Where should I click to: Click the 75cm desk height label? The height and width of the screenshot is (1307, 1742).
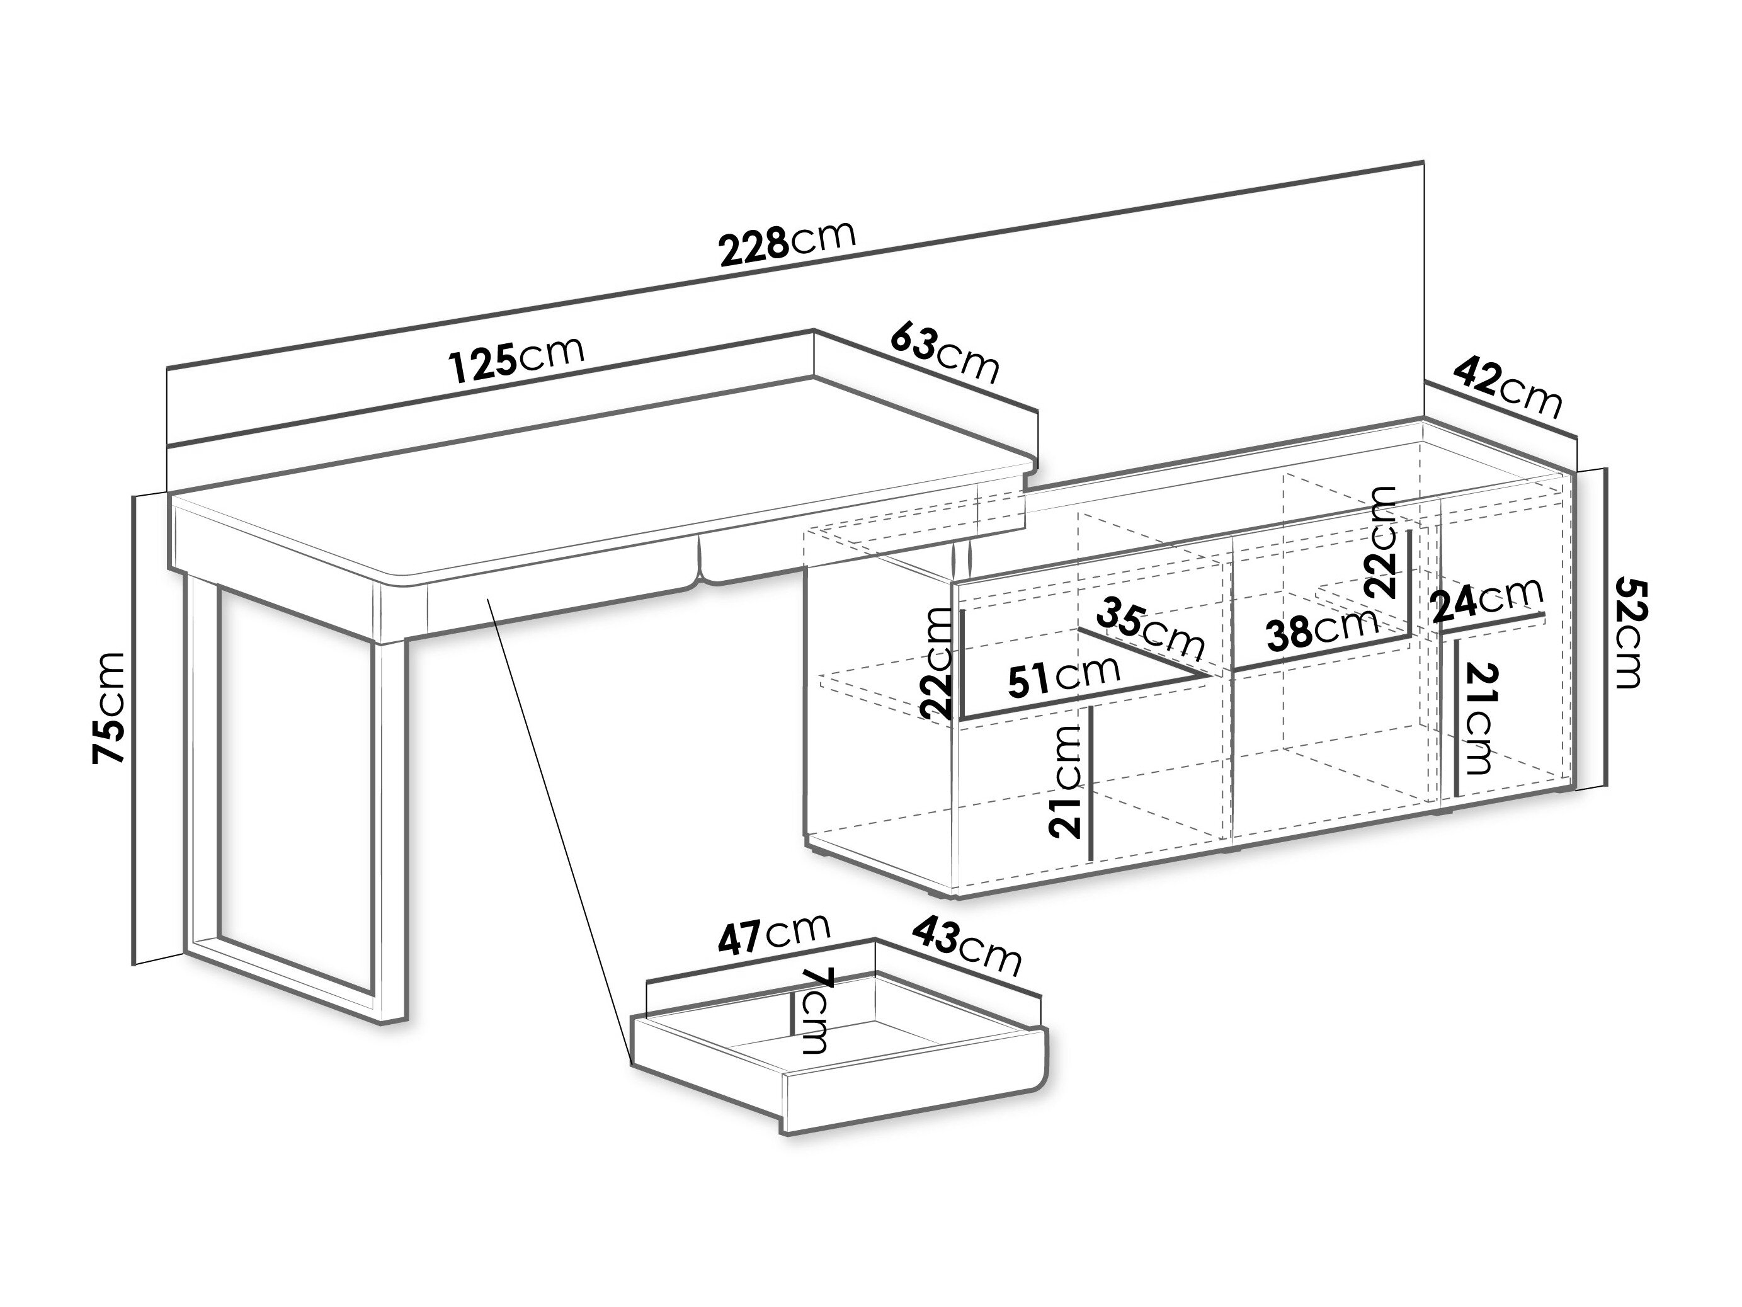tap(110, 707)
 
